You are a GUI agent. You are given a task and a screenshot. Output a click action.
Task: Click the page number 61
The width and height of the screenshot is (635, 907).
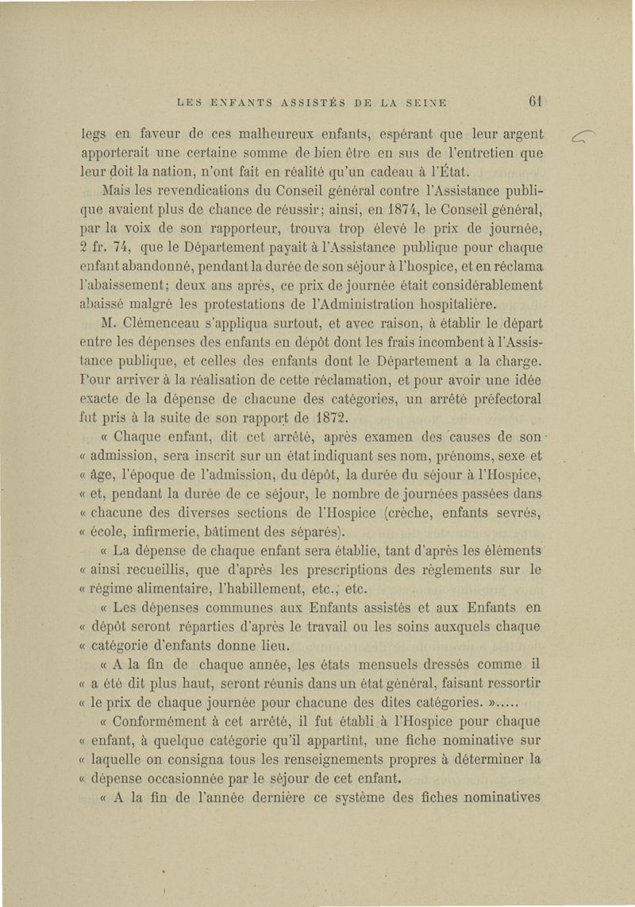[535, 101]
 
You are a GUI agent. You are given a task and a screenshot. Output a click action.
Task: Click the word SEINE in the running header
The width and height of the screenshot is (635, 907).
[425, 102]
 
